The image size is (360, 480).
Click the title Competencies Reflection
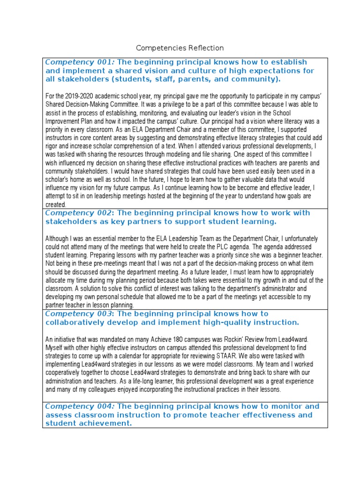[x=180, y=48]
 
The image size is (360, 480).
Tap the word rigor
[x=53, y=138]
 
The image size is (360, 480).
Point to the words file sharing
[x=226, y=146]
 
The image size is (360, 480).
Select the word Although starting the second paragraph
[x=57, y=239]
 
